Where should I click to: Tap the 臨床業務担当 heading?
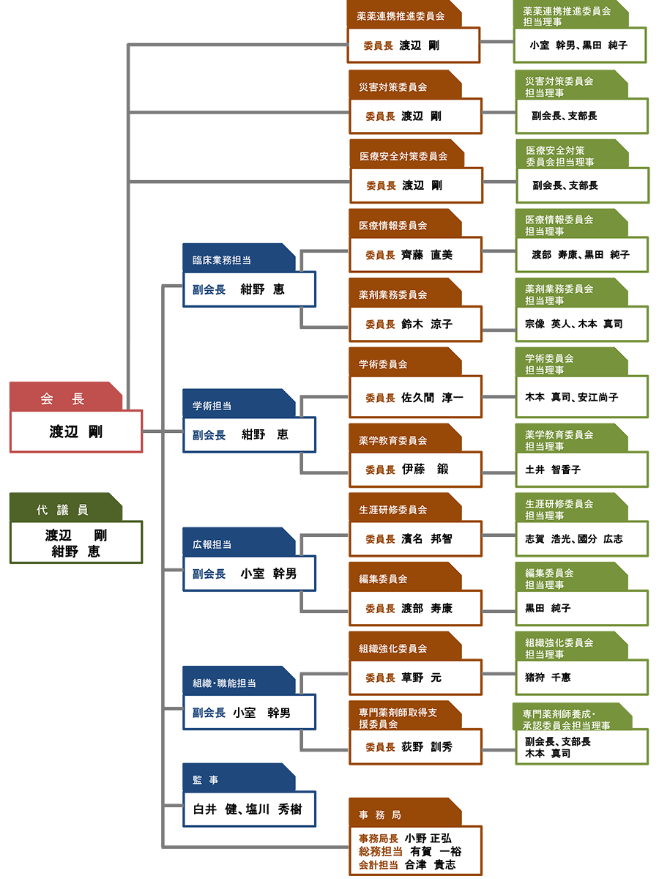[222, 259]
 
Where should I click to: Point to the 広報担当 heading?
[212, 544]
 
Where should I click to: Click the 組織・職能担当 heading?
[224, 683]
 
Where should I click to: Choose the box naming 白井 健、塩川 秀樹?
[247, 809]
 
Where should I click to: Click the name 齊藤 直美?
[428, 255]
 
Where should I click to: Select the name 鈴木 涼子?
[427, 324]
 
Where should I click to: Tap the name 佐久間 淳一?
[432, 398]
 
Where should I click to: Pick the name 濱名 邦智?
[427, 539]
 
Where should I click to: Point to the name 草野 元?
[421, 678]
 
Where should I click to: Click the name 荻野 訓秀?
[427, 747]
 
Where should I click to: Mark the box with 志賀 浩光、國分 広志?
[574, 538]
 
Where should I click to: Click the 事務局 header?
[380, 815]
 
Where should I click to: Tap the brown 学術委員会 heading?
[383, 364]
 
